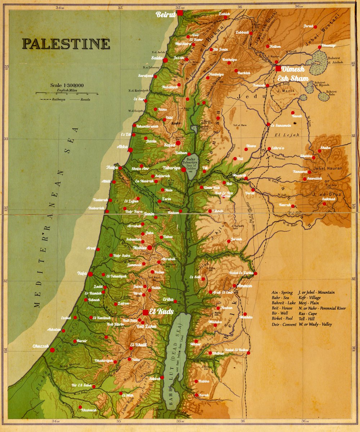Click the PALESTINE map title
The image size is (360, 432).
tap(66, 44)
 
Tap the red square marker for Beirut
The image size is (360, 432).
tap(180, 13)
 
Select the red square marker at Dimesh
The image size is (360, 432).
tap(278, 68)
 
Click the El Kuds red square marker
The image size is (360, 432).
tap(145, 312)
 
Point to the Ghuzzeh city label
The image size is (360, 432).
tap(40, 346)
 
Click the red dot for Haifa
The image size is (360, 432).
tap(120, 168)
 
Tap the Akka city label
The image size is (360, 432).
tap(122, 147)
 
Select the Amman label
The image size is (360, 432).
tap(245, 285)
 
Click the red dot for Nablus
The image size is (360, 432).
tap(150, 248)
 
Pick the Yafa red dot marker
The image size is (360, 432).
tap(90, 274)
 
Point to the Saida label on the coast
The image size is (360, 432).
tap(157, 58)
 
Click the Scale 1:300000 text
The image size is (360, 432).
tap(67, 85)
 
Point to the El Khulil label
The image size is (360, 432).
tap(138, 345)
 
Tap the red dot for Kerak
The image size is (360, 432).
tap(196, 395)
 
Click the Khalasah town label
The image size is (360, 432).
tap(89, 410)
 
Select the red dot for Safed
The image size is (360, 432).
tap(178, 143)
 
